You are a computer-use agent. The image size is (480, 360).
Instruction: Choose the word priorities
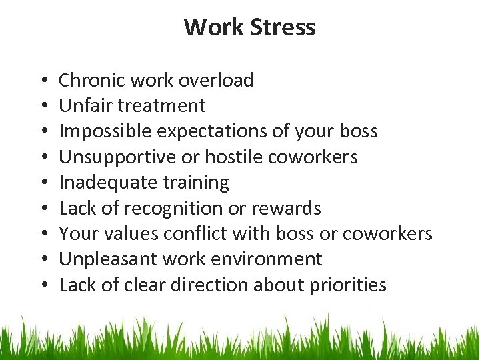pyautogui.click(x=348, y=285)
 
